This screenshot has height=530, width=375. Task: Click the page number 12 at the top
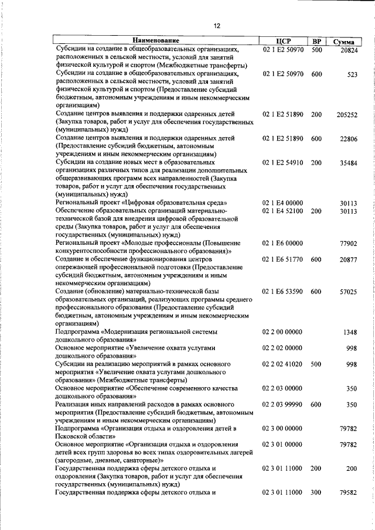216,26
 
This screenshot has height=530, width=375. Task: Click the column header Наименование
155,42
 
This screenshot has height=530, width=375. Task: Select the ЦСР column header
283,42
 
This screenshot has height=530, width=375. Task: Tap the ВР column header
316,42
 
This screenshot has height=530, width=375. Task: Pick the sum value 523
352,76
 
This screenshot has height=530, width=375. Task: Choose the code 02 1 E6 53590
283,291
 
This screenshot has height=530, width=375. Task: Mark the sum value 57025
349,292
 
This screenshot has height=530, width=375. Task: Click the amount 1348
350,332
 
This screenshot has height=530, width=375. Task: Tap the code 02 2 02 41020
283,364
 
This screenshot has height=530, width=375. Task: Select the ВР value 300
316,493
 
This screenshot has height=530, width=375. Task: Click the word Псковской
72,436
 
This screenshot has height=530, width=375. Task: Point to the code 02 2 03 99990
283,404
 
